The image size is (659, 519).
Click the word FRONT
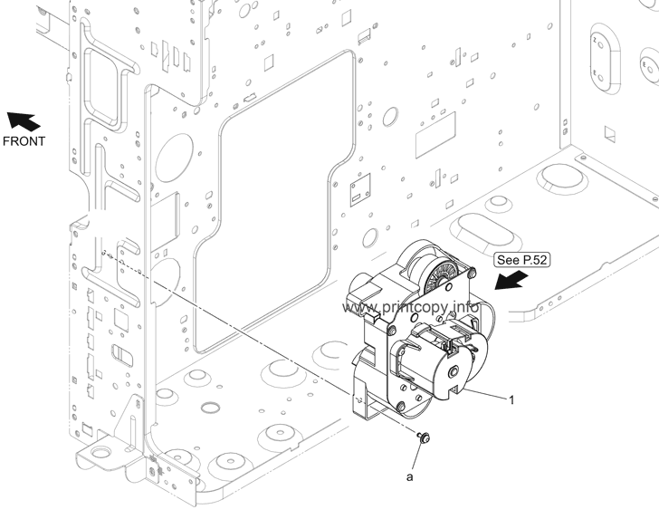pyautogui.click(x=23, y=141)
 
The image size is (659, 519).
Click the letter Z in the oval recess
pyautogui.click(x=595, y=42)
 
